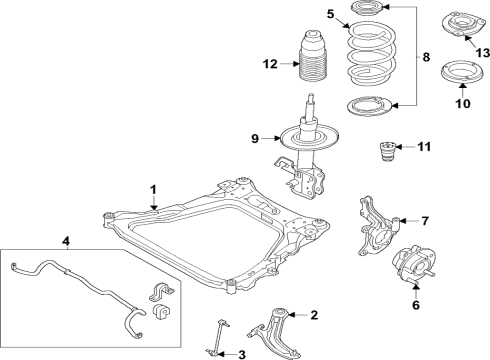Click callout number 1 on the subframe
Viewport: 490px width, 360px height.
[153, 188]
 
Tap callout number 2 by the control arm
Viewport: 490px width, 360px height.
[313, 315]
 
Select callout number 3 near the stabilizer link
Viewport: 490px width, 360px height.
[241, 353]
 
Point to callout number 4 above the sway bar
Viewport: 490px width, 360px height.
[66, 240]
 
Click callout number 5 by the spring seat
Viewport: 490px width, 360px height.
[330, 13]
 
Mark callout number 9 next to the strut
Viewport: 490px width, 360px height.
[254, 139]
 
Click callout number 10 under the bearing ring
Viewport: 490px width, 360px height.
[461, 102]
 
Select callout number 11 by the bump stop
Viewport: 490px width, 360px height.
[424, 147]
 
